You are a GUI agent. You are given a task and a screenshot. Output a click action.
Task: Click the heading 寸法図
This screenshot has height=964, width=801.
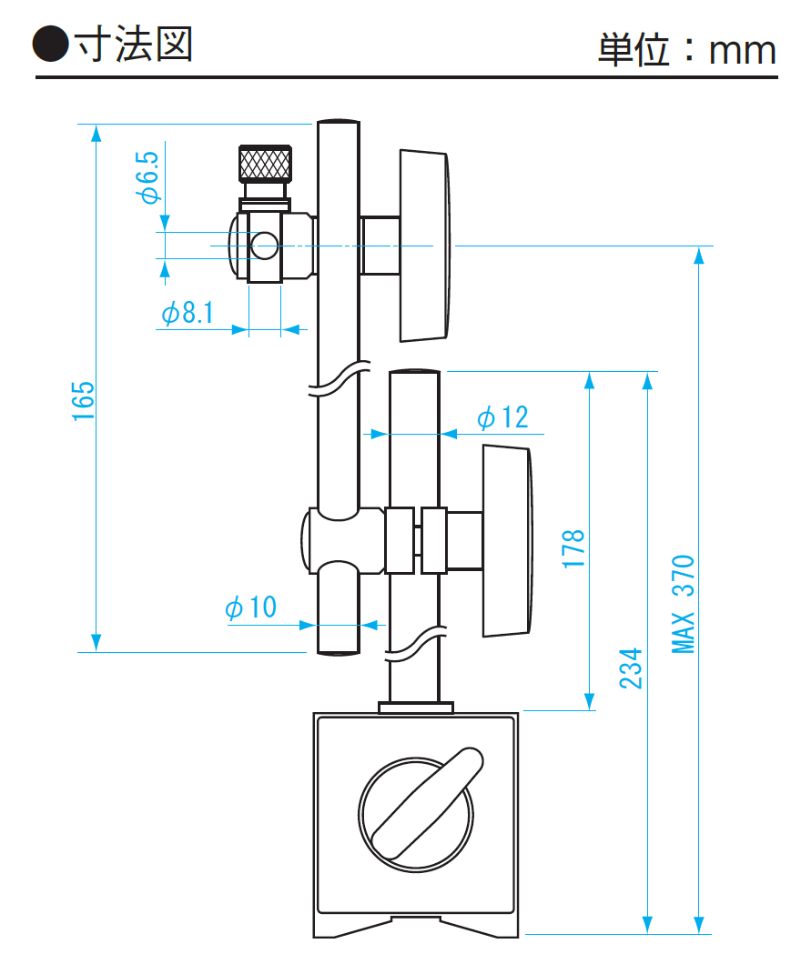pyautogui.click(x=134, y=43)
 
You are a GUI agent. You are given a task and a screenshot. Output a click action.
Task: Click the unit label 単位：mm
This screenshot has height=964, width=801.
pyautogui.click(x=687, y=49)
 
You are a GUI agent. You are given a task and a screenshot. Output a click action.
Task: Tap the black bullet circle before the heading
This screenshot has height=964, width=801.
pyautogui.click(x=51, y=44)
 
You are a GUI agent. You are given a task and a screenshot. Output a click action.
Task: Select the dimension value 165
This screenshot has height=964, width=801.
pyautogui.click(x=84, y=400)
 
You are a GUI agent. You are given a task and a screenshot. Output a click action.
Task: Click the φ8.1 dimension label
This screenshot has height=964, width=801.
pyautogui.click(x=188, y=314)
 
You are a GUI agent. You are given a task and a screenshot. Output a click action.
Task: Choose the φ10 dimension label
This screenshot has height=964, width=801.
pyautogui.click(x=251, y=608)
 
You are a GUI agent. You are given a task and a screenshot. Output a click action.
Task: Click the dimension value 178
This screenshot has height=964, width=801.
pyautogui.click(x=573, y=549)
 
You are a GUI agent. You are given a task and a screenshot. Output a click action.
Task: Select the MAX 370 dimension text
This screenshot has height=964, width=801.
pyautogui.click(x=684, y=604)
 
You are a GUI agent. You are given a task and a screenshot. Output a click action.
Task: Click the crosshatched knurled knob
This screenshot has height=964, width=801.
pyautogui.click(x=265, y=163)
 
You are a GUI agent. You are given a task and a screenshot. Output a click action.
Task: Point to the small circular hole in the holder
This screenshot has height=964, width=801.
pyautogui.click(x=264, y=244)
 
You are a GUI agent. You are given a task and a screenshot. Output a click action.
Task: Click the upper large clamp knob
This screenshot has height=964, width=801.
pyautogui.click(x=424, y=246)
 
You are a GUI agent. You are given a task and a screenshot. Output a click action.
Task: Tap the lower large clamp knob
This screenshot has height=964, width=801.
pyautogui.click(x=505, y=540)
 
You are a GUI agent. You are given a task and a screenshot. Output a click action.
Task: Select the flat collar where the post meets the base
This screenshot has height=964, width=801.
pyautogui.click(x=415, y=707)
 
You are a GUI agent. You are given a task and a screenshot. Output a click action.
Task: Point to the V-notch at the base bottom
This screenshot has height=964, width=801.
pyautogui.click(x=416, y=924)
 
